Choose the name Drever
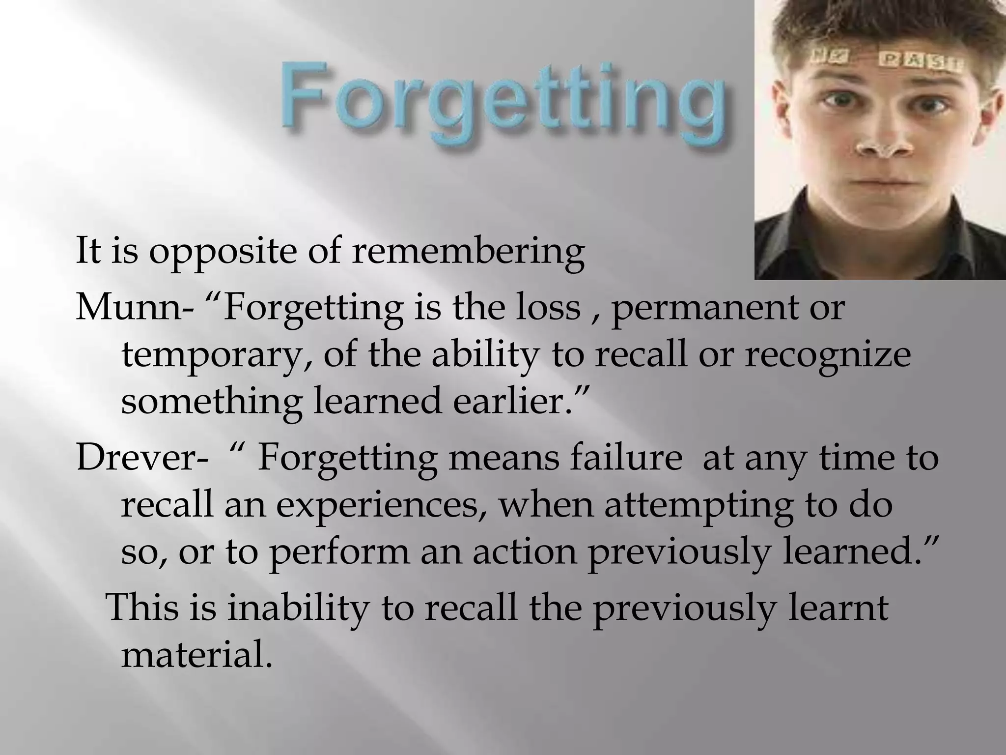pos(135,458)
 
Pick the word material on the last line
pos(196,655)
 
